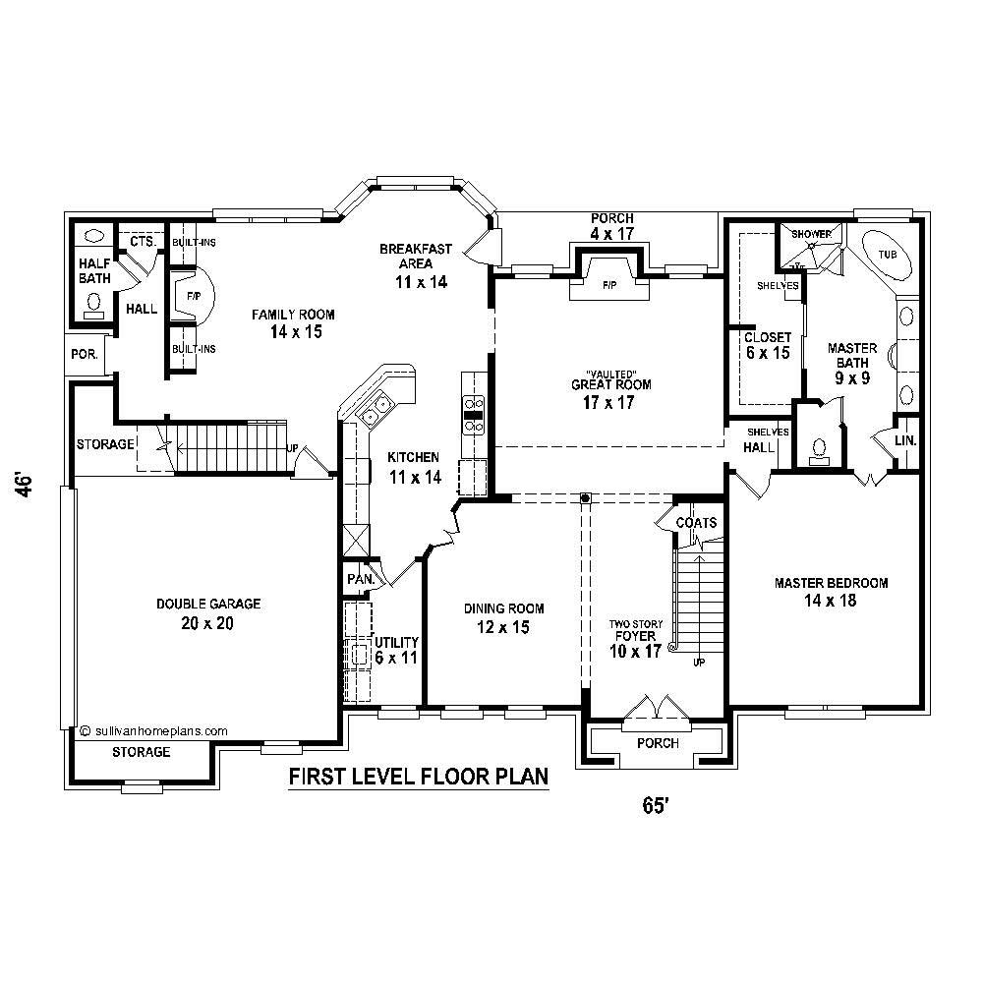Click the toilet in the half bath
pyautogui.click(x=94, y=304)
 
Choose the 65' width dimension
pyautogui.click(x=656, y=805)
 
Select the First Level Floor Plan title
pyautogui.click(x=418, y=778)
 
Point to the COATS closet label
pyautogui.click(x=696, y=523)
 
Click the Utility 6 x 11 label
pyautogui.click(x=396, y=650)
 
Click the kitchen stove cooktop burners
pyautogui.click(x=474, y=413)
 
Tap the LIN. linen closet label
pyautogui.click(x=905, y=440)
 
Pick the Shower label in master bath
pyautogui.click(x=812, y=234)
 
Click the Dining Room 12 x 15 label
pyautogui.click(x=504, y=617)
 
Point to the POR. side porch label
pyautogui.click(x=84, y=354)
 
